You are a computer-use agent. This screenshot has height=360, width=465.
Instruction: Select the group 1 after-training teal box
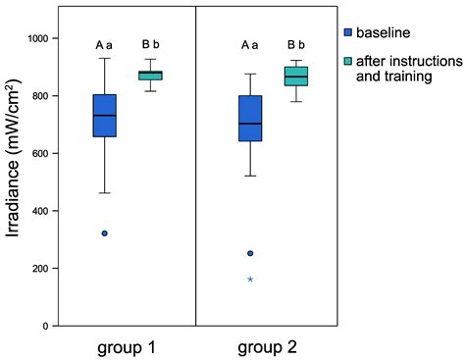150,76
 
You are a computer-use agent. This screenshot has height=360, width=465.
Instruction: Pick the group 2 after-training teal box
296,77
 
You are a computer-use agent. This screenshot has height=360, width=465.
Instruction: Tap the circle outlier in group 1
104,233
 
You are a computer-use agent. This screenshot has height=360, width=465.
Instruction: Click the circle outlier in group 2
250,253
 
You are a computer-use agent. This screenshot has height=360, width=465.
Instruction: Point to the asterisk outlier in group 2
250,280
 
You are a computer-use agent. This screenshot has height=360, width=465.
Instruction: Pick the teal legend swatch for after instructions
348,62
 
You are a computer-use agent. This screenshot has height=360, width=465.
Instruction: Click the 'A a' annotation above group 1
104,44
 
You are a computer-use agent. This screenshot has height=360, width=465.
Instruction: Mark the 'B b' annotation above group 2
296,44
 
